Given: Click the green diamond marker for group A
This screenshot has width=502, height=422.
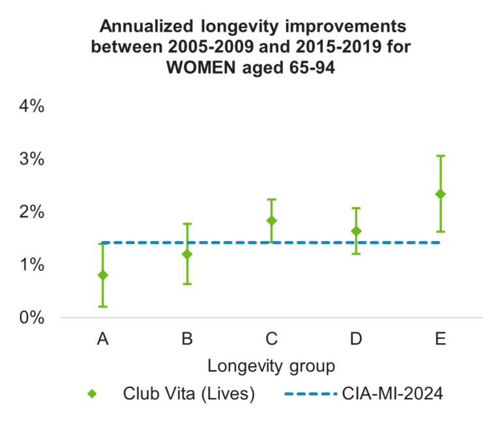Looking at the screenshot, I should pyautogui.click(x=102, y=275).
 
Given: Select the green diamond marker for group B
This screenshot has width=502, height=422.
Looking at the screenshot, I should pyautogui.click(x=187, y=254).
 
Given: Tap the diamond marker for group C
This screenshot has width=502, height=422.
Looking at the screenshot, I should pyautogui.click(x=271, y=221).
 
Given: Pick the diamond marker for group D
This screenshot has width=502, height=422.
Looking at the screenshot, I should pyautogui.click(x=356, y=231).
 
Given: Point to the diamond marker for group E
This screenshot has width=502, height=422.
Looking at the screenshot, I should pyautogui.click(x=440, y=194).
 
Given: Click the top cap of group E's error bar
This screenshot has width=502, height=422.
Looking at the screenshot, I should pyautogui.click(x=440, y=156).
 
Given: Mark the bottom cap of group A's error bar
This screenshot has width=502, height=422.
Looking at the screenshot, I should pyautogui.click(x=102, y=306).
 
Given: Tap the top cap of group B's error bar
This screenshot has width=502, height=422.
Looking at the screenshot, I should pyautogui.click(x=187, y=224).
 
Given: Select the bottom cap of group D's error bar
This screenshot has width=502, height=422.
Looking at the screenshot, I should pyautogui.click(x=356, y=253).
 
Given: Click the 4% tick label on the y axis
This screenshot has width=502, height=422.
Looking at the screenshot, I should pyautogui.click(x=31, y=106).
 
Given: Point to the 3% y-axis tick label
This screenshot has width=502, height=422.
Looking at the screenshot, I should pyautogui.click(x=31, y=160).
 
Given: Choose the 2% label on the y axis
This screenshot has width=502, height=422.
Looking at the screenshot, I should pyautogui.click(x=31, y=212).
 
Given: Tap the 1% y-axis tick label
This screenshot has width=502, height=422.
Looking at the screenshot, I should pyautogui.click(x=31, y=265).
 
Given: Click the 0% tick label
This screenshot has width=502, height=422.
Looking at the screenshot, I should pyautogui.click(x=31, y=318).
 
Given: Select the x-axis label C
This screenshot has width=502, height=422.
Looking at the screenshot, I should pyautogui.click(x=271, y=339).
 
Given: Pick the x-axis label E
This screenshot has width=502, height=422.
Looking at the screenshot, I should pyautogui.click(x=440, y=339).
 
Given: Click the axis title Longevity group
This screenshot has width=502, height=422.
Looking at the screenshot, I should pyautogui.click(x=271, y=366).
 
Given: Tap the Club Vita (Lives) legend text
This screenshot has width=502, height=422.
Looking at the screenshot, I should pyautogui.click(x=188, y=394).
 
